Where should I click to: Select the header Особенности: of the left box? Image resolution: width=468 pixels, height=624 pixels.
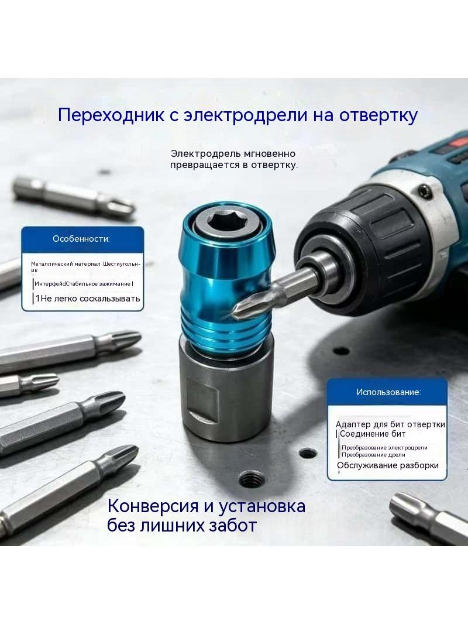click(81, 239)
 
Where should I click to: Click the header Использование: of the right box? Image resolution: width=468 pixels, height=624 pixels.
click(388, 392)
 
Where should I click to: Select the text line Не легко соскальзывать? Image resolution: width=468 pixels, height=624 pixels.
click(90, 299)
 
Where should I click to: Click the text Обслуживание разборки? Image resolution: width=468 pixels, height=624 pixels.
click(388, 465)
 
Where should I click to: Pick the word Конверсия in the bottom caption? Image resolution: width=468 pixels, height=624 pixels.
click(153, 506)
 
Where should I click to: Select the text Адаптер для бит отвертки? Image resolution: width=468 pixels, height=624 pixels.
click(390, 424)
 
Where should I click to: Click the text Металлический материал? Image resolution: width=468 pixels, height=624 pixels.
click(66, 264)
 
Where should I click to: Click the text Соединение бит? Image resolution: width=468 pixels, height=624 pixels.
click(373, 434)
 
